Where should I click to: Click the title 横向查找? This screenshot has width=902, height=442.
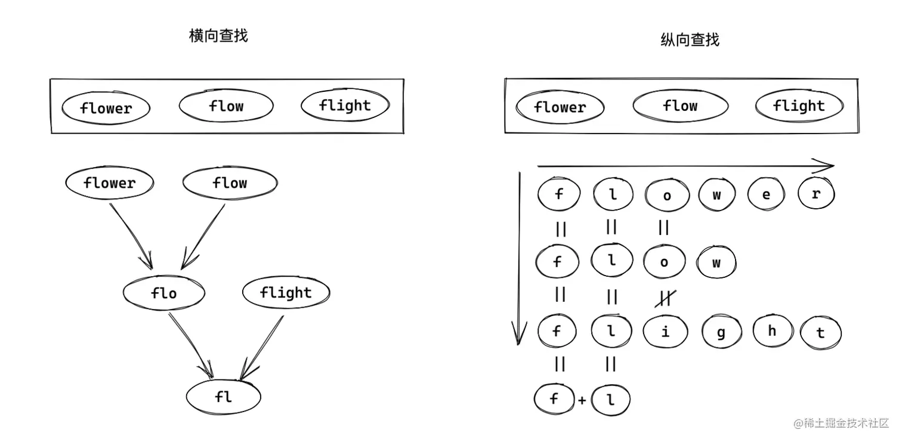(x=218, y=36)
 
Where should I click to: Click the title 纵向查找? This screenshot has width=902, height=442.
(x=690, y=40)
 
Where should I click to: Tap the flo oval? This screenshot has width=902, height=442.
(x=164, y=293)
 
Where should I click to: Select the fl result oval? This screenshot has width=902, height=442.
(x=223, y=397)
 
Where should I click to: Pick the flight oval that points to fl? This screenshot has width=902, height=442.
(x=286, y=293)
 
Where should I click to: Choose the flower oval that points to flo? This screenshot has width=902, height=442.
(x=109, y=183)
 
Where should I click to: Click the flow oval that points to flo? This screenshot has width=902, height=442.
(x=230, y=183)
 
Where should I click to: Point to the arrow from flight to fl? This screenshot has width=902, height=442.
(x=262, y=346)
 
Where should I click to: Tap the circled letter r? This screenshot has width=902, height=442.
(x=816, y=194)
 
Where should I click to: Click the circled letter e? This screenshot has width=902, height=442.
(x=766, y=195)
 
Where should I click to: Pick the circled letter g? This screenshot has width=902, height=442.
(x=721, y=332)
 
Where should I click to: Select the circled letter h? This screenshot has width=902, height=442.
(x=772, y=331)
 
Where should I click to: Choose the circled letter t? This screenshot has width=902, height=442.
(x=820, y=333)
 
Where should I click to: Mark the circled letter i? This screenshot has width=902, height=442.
(x=665, y=332)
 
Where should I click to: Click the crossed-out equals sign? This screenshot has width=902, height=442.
(x=664, y=297)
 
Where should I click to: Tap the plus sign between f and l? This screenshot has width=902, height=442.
(x=582, y=401)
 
